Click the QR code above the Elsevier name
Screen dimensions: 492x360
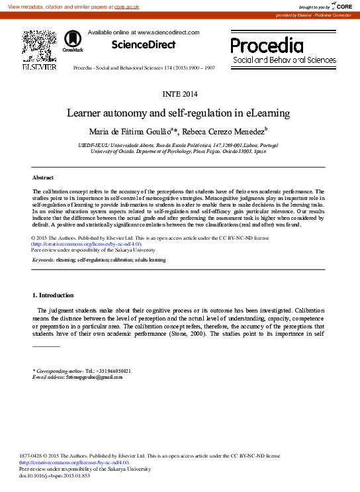click(39, 45)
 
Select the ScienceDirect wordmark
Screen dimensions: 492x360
click(144, 45)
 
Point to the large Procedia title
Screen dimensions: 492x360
click(267, 45)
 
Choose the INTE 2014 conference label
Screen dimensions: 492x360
click(180, 93)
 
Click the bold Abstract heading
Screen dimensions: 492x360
click(43, 178)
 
